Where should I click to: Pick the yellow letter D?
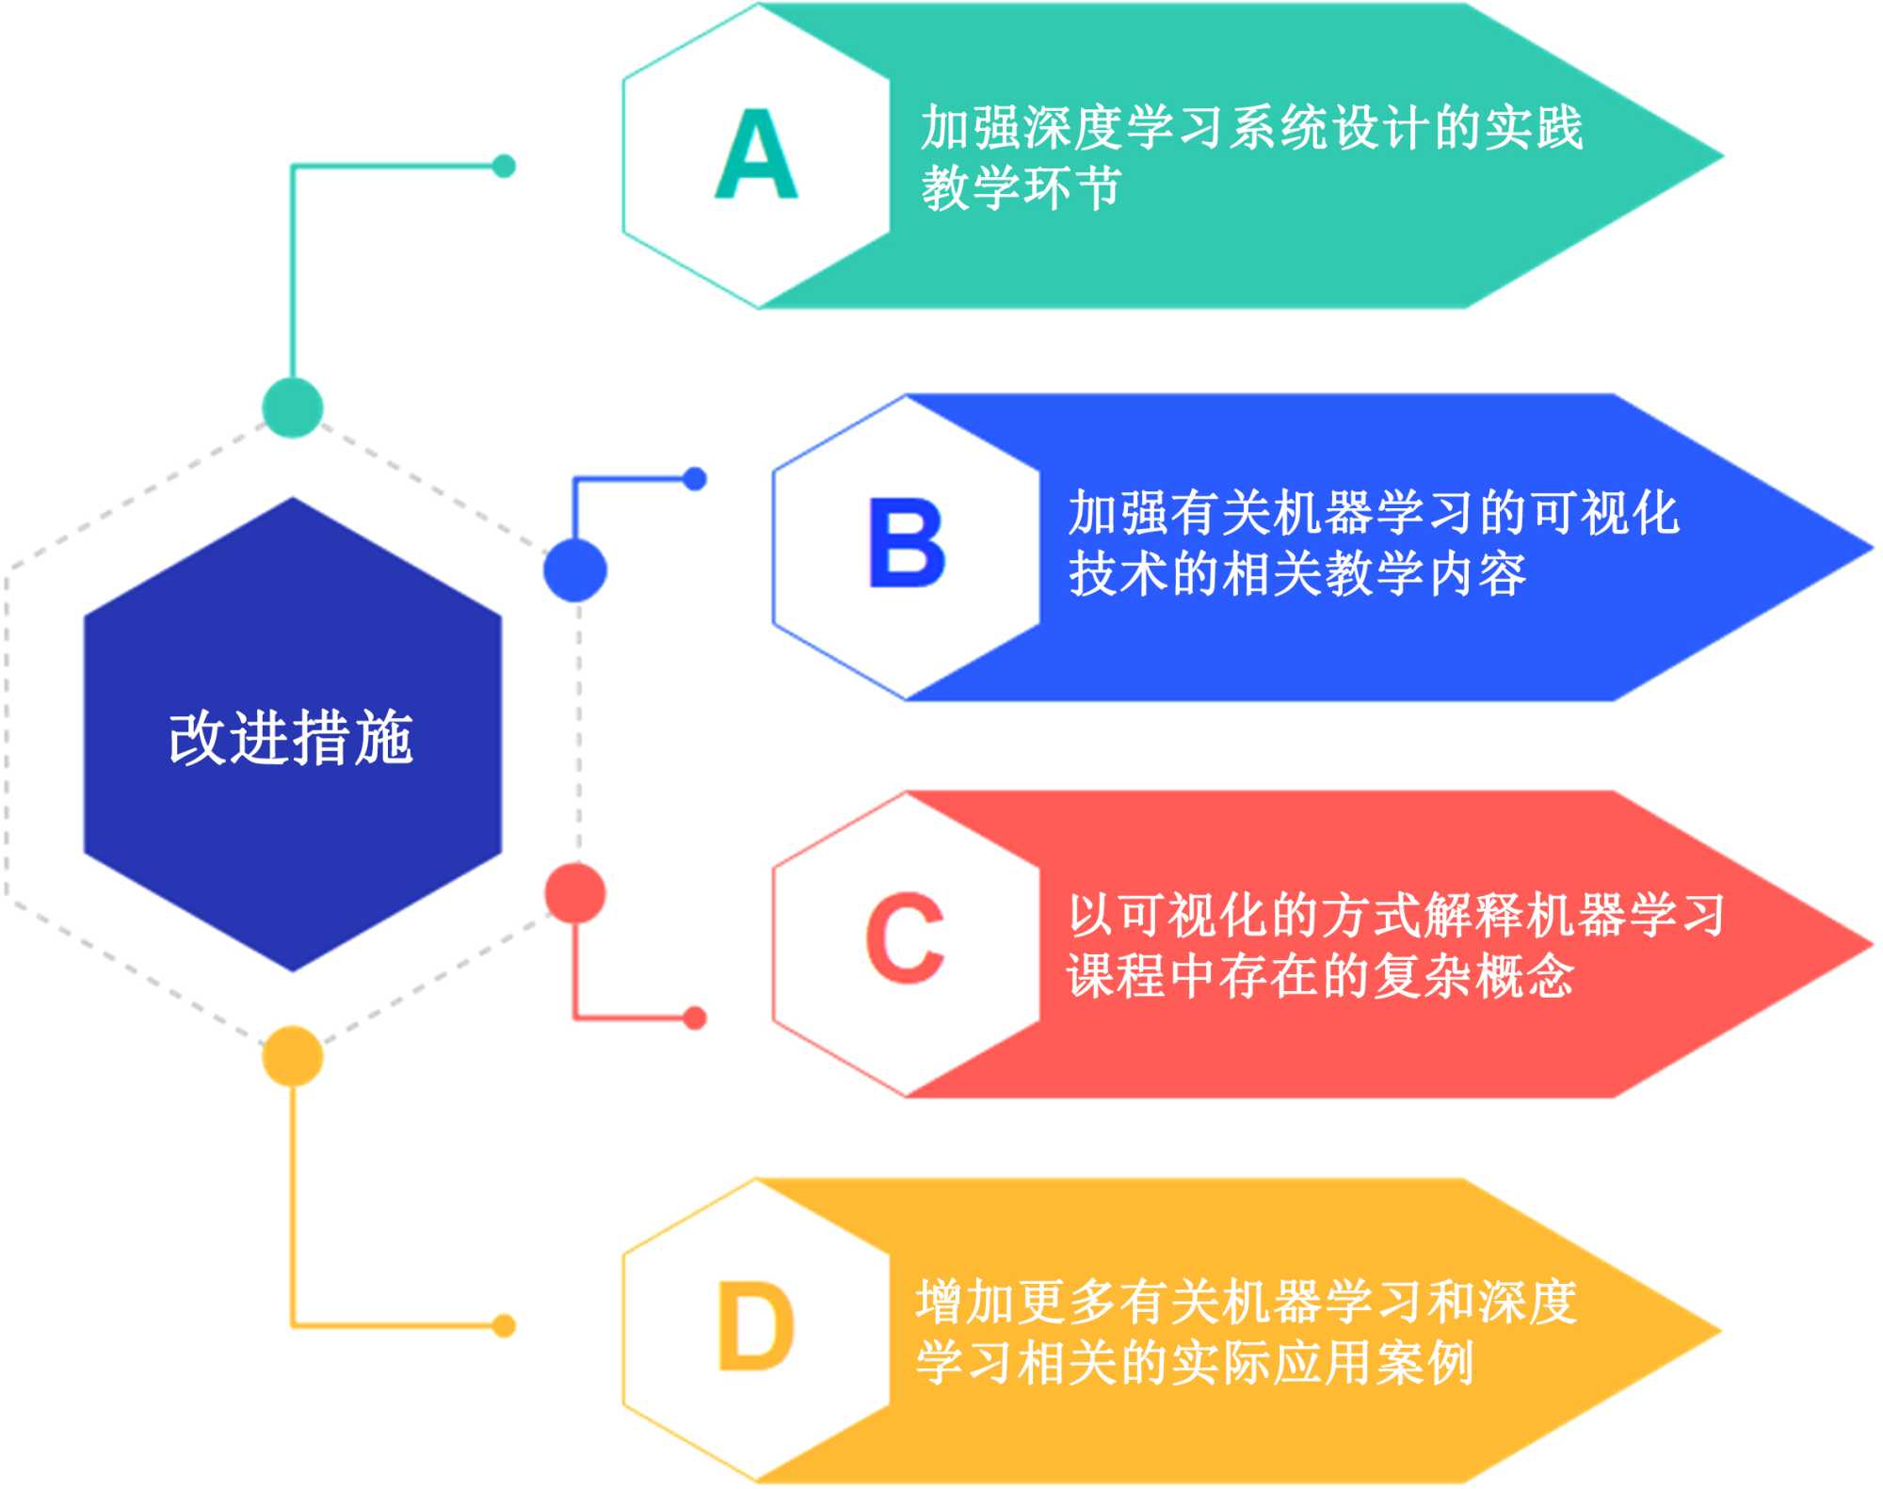point(756,1327)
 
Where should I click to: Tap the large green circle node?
point(293,408)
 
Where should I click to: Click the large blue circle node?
point(575,569)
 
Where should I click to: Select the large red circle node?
point(575,892)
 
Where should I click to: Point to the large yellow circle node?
point(293,1055)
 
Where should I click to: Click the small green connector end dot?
point(505,167)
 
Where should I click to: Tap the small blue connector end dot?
point(695,479)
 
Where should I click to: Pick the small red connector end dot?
point(695,1017)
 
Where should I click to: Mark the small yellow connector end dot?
point(505,1325)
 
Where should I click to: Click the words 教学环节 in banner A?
point(1021,187)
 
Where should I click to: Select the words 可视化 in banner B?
point(1605,513)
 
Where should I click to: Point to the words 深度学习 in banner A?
point(1122,127)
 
